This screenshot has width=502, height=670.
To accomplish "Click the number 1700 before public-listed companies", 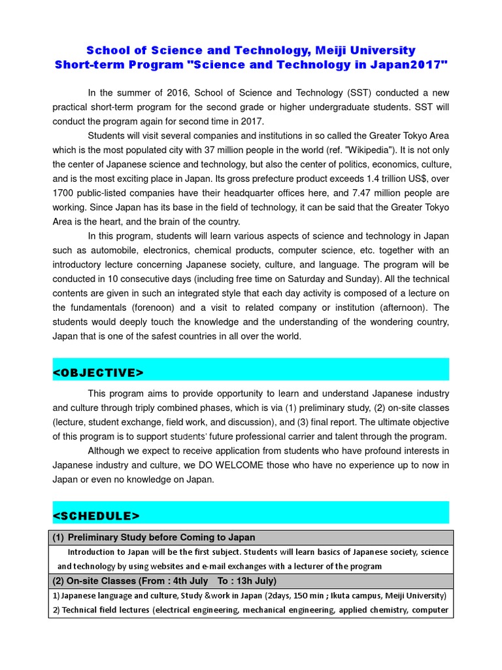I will pyautogui.click(x=64, y=192).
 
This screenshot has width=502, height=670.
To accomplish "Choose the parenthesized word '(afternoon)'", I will pyautogui.click(x=400, y=308).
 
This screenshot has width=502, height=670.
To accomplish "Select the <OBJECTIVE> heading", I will pyautogui.click(x=98, y=372).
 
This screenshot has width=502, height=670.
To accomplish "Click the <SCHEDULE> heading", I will pyautogui.click(x=96, y=516).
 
